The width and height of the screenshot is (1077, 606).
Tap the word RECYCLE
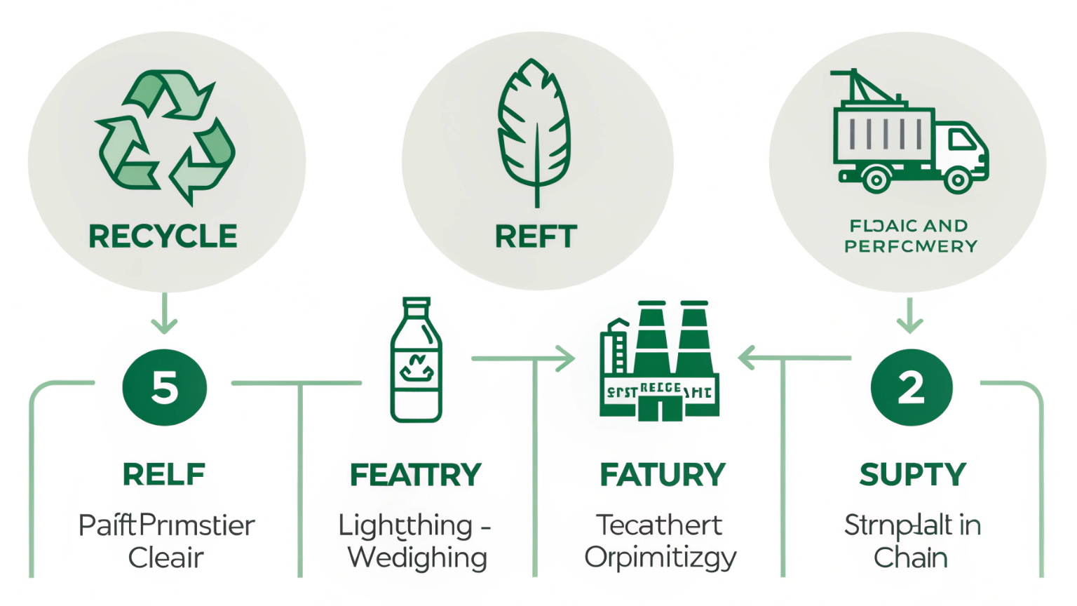pos(163,236)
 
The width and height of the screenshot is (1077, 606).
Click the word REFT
pos(536,236)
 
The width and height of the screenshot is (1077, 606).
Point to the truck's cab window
pos(962,140)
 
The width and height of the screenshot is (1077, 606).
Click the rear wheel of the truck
pos(875,180)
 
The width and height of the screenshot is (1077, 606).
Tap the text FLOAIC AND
pos(909,226)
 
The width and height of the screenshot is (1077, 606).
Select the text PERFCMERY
pos(910,246)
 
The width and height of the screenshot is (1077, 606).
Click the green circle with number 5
pos(165,387)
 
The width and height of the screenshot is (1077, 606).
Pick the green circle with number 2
pos(911,387)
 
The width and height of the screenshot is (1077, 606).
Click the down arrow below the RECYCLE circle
pos(164,314)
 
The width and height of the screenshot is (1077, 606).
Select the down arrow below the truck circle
pos(909,316)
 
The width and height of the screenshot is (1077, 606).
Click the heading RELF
pos(164,475)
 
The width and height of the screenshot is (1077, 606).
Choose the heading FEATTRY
pos(416,475)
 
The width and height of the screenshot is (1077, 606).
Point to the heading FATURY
pos(662,475)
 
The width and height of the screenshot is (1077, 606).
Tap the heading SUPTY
pos(912,475)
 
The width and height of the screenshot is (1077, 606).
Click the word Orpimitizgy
pos(661,558)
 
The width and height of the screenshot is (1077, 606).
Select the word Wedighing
pos(417,558)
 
